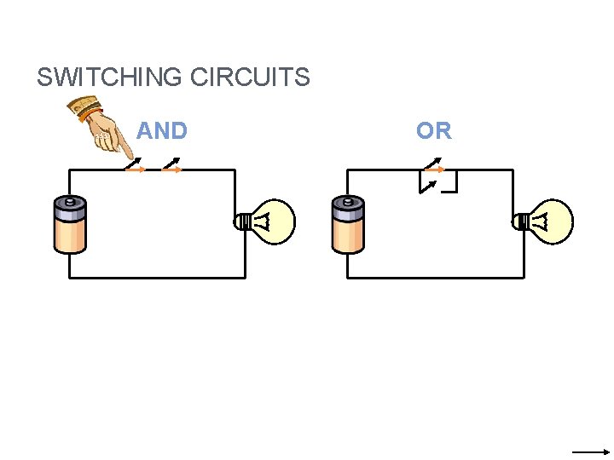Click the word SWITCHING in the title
tap(110, 78)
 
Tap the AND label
tap(162, 131)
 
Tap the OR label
tap(434, 131)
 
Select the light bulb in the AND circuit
tap(271, 222)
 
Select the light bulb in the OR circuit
tap(548, 222)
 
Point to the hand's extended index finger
tap(129, 153)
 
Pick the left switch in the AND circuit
tap(136, 165)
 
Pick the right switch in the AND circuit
tap(172, 165)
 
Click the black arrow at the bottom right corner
tap(591, 451)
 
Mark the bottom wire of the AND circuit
tap(158, 277)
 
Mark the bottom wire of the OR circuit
tap(436, 277)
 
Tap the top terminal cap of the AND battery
tap(70, 203)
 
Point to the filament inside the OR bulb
tap(542, 222)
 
